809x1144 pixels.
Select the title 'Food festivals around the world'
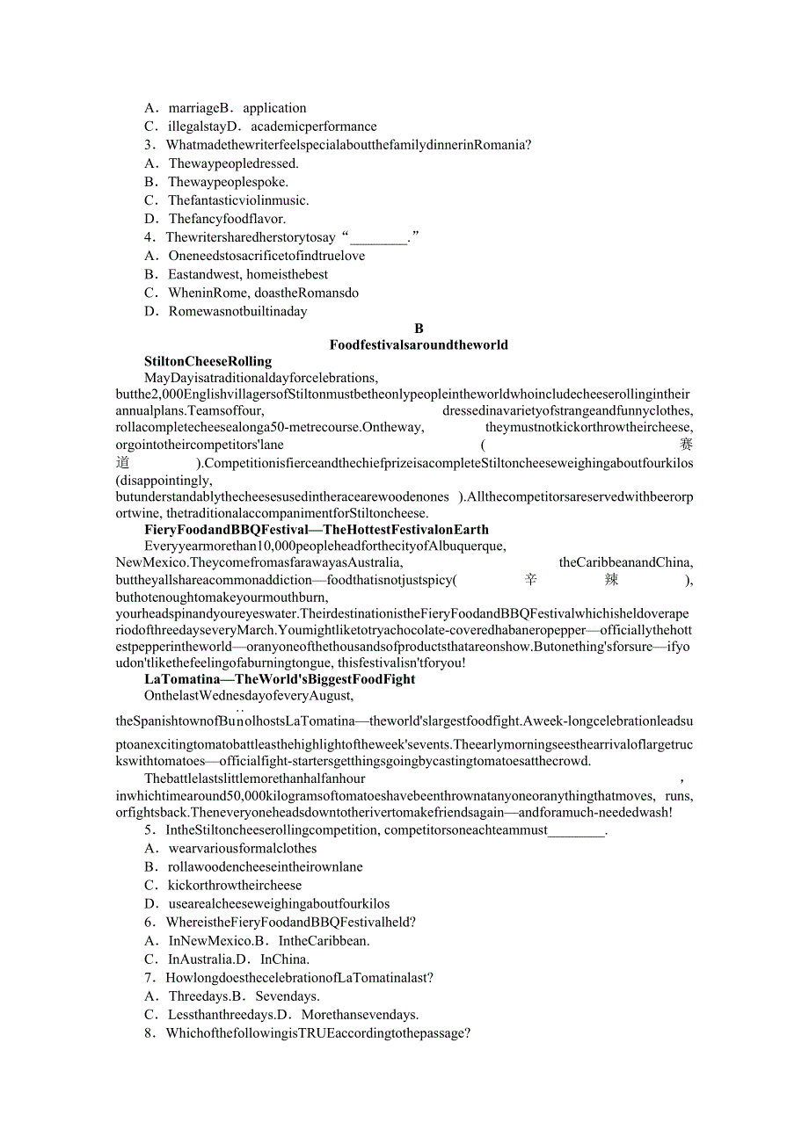point(419,345)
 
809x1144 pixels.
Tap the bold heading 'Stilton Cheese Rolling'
point(208,361)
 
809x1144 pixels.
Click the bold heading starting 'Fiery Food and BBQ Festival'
point(316,530)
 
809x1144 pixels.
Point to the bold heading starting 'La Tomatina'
point(280,679)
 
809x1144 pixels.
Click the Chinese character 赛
point(686,445)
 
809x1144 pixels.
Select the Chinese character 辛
point(530,580)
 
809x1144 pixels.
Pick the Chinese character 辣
point(611,580)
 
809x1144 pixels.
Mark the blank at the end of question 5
point(577,830)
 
